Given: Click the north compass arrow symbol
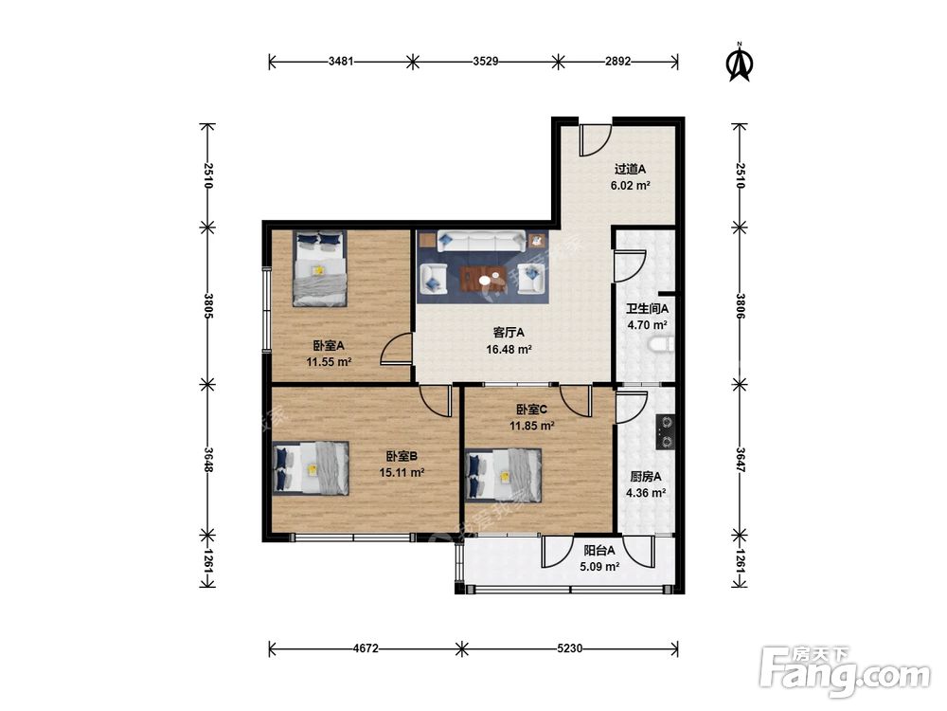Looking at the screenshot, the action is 739,62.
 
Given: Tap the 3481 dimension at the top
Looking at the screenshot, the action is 341,61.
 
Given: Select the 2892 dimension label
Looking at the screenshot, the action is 617,61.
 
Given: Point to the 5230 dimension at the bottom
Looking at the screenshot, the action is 569,648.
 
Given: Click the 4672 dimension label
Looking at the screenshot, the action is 366,648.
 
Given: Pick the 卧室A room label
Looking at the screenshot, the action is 329,346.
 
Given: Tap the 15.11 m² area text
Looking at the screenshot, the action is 402,472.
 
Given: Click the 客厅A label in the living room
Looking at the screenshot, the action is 509,333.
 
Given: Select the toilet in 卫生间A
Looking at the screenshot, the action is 661,345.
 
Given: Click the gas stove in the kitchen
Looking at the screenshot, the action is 666,432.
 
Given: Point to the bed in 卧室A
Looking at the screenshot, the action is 320,268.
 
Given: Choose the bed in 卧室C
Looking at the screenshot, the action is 503,476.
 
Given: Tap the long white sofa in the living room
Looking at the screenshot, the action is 481,241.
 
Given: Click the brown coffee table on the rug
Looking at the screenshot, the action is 483,279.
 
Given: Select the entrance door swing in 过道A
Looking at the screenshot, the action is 595,140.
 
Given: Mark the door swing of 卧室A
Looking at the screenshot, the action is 396,350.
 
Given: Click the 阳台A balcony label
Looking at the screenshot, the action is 599,551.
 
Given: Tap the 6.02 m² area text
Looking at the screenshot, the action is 630,186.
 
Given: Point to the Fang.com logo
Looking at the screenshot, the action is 845,671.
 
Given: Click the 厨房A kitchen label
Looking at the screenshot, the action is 646,477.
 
